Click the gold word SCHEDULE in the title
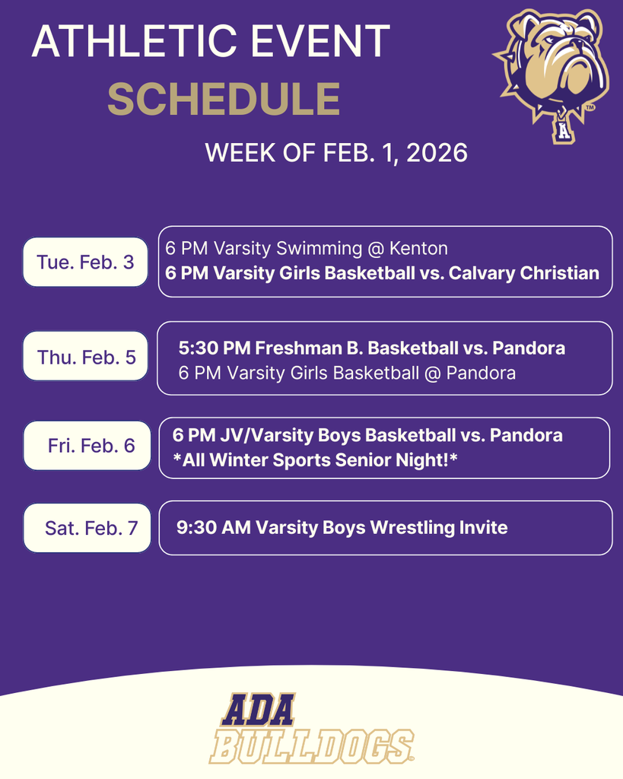(223, 99)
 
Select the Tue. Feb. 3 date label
(85, 262)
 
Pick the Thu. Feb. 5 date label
(86, 357)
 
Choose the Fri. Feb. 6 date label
(91, 446)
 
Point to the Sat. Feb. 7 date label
(91, 526)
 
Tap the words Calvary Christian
(524, 272)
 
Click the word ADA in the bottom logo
(258, 711)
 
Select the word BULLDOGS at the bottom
(311, 746)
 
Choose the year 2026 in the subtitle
(437, 153)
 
